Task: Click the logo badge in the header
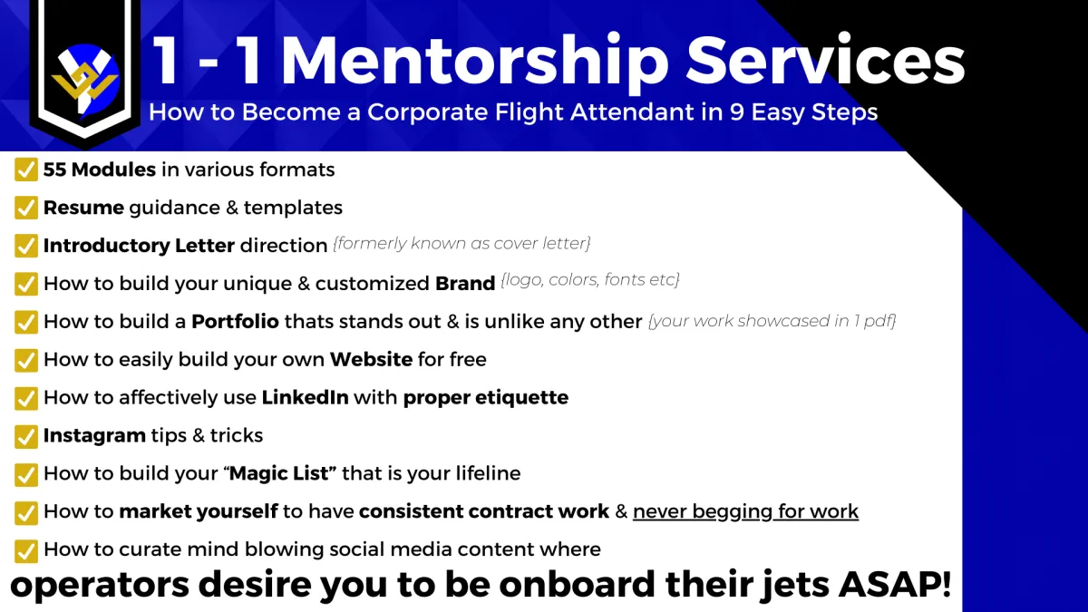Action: (85, 73)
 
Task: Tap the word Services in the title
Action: (825, 60)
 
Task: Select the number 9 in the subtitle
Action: (736, 112)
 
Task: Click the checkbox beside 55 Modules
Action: (26, 170)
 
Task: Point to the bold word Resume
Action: (83, 208)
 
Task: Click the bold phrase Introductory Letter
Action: (139, 246)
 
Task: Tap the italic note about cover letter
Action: (461, 243)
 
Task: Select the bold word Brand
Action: (465, 283)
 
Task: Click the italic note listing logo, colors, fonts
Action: (589, 279)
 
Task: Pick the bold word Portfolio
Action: (235, 321)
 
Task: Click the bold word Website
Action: (371, 359)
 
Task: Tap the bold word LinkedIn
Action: (305, 397)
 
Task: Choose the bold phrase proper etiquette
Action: (486, 398)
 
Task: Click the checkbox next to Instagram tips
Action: (26, 436)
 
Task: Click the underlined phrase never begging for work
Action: (745, 511)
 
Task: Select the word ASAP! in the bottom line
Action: (895, 583)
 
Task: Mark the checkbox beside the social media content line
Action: (26, 551)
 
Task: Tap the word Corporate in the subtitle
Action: (427, 112)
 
